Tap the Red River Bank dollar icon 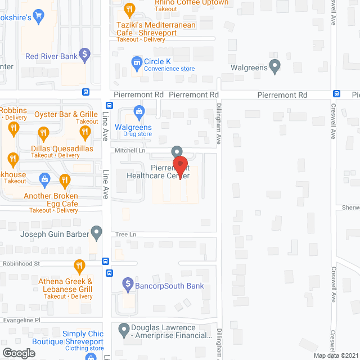pos(84,55)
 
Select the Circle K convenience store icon pos(136,61)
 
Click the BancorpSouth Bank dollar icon pos(128,283)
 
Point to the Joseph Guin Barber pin pos(97,232)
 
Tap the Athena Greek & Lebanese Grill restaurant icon pos(80,265)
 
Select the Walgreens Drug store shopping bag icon pos(138,110)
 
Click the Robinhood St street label pos(20,263)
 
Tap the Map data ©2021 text pos(335,355)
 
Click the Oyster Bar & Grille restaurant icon pos(85,133)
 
